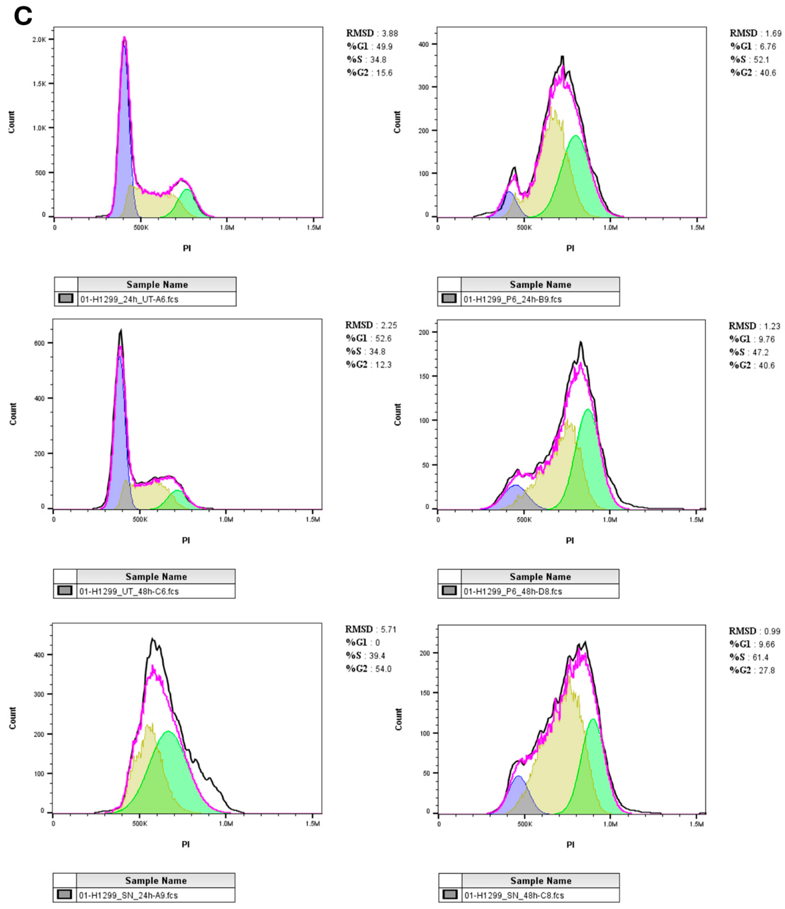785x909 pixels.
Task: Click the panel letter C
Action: coord(23,17)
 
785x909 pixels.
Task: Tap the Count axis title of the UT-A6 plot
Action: coord(11,122)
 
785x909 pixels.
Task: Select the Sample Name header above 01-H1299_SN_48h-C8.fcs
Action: coord(540,880)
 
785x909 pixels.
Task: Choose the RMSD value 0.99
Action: coord(772,631)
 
